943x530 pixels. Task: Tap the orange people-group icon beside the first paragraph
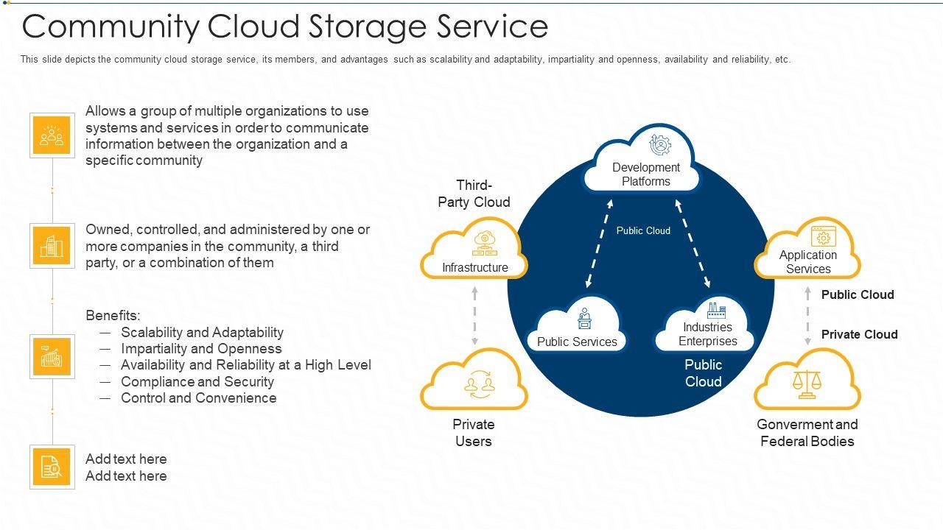pyautogui.click(x=52, y=135)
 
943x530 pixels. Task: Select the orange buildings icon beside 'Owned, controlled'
pyautogui.click(x=52, y=246)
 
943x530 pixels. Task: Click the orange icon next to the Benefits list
pyautogui.click(x=52, y=356)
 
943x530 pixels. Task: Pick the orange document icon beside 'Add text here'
pyautogui.click(x=52, y=467)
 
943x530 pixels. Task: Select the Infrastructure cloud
pyautogui.click(x=474, y=254)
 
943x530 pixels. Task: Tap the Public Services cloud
pyautogui.click(x=578, y=328)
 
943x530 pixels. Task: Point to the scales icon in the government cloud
pyautogui.click(x=807, y=384)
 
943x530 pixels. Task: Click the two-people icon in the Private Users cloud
pyautogui.click(x=475, y=384)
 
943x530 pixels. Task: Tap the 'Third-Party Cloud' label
pyautogui.click(x=474, y=194)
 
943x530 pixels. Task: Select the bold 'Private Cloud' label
pyautogui.click(x=859, y=334)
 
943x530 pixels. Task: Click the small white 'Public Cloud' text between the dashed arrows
pyautogui.click(x=643, y=230)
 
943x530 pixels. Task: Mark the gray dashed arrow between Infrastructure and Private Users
pyautogui.click(x=474, y=316)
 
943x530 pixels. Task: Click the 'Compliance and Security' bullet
pyautogui.click(x=197, y=381)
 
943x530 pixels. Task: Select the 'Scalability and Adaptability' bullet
pyautogui.click(x=202, y=332)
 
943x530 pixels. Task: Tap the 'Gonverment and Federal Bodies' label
pyautogui.click(x=807, y=433)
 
